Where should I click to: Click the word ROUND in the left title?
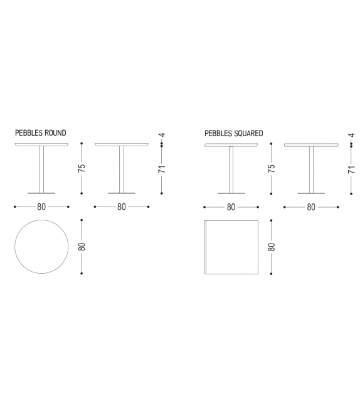pyautogui.click(x=55, y=133)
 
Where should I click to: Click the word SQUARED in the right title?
pyautogui.click(x=248, y=133)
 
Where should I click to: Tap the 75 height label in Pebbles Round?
pyautogui.click(x=82, y=168)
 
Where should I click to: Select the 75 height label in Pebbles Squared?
pyautogui.click(x=272, y=168)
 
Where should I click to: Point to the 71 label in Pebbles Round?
pyautogui.click(x=162, y=169)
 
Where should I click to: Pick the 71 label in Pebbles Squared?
pyautogui.click(x=351, y=169)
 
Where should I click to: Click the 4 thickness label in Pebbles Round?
pyautogui.click(x=162, y=135)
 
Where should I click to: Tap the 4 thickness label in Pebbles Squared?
pyautogui.click(x=352, y=135)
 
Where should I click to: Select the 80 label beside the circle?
pyautogui.click(x=82, y=247)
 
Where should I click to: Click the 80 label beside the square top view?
pyautogui.click(x=272, y=247)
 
